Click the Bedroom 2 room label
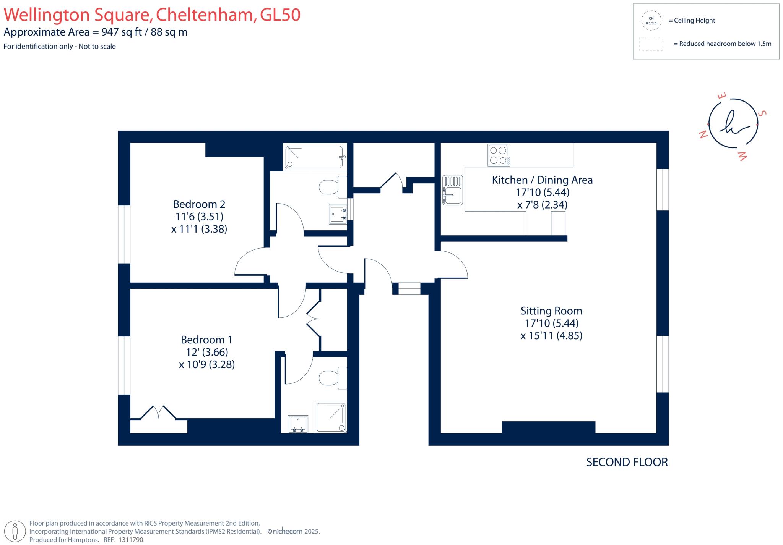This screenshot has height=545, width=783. [x=199, y=204]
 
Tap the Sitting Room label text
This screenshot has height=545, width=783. [x=551, y=311]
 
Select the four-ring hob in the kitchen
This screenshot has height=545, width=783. [x=499, y=155]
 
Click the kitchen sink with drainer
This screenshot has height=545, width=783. [x=453, y=190]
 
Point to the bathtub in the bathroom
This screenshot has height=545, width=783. [x=315, y=157]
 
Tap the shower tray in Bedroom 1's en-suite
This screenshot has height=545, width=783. [x=331, y=417]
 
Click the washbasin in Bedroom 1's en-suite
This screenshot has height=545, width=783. [x=298, y=424]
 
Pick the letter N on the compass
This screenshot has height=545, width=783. [x=703, y=134]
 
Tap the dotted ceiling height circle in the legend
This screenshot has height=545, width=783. [x=651, y=21]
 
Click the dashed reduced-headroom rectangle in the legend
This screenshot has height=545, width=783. [x=651, y=44]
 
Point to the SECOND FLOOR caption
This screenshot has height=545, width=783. [x=627, y=462]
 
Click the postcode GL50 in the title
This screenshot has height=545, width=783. [x=280, y=15]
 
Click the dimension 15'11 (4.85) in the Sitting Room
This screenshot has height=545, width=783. [x=551, y=336]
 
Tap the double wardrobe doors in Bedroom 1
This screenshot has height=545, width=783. [x=158, y=413]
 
